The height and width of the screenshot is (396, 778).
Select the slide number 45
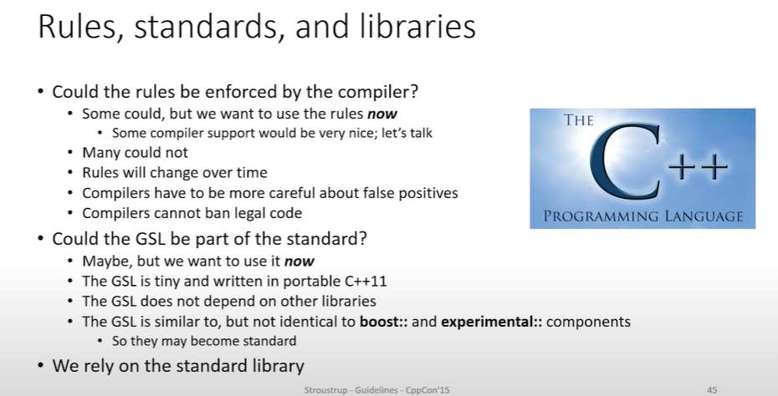[712, 390]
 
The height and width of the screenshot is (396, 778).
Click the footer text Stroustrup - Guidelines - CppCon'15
[377, 390]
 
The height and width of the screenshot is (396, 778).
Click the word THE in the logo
[579, 120]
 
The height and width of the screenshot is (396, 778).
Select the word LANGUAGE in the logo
[704, 216]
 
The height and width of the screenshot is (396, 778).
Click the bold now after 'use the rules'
[382, 114]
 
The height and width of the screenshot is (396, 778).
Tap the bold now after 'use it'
[299, 261]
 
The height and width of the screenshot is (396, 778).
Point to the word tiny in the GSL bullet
[167, 282]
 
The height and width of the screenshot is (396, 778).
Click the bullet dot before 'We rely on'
[41, 366]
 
